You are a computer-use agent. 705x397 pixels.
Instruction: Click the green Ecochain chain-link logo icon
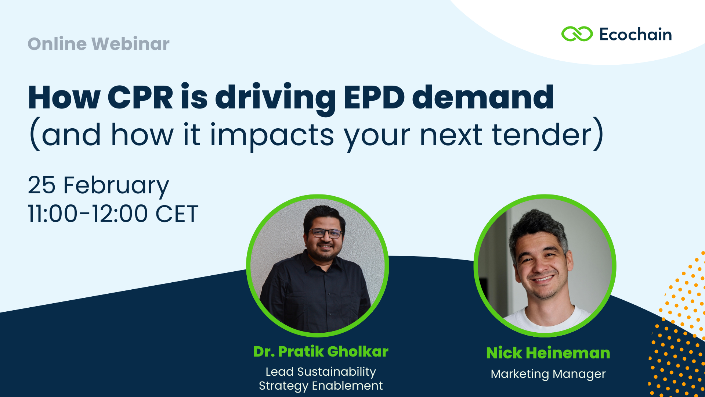point(577,34)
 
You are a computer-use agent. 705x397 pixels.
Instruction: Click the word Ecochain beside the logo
point(636,35)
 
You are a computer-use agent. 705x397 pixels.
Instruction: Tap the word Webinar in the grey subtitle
point(130,44)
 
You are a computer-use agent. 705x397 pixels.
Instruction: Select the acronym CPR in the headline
point(140,97)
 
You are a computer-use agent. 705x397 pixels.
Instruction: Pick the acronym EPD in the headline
point(375,97)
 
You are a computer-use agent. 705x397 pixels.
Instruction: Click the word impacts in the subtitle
point(272,136)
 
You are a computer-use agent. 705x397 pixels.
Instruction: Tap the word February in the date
point(116,186)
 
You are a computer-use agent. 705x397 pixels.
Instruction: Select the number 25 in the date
point(41,185)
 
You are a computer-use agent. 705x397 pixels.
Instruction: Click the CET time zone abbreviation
point(177,214)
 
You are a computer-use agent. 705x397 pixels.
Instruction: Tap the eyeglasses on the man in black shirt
point(325,233)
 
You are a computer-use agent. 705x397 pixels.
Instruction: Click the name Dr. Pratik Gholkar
point(321,351)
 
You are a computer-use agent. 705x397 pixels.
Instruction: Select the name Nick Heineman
point(548,353)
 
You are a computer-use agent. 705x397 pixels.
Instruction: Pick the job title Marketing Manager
point(548,374)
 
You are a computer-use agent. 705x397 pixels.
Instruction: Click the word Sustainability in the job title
point(336,372)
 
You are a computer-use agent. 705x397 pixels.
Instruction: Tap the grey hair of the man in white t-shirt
point(538,224)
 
